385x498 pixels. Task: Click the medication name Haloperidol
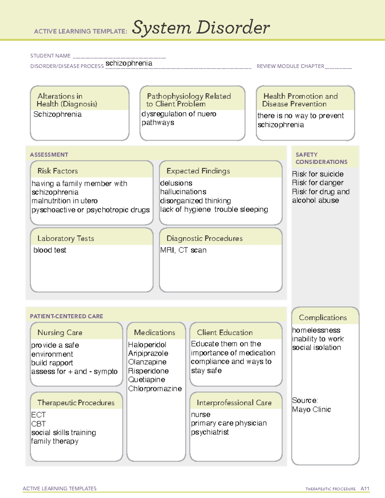click(147, 345)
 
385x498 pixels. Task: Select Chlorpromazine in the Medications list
click(155, 389)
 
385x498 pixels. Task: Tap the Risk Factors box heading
click(57, 171)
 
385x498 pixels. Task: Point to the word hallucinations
click(183, 192)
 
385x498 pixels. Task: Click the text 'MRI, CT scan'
click(183, 250)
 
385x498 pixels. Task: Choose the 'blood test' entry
click(50, 250)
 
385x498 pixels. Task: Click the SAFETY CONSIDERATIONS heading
click(321, 158)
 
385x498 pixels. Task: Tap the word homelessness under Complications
click(316, 330)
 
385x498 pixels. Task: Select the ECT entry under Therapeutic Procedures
click(38, 415)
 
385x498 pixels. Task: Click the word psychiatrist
click(210, 432)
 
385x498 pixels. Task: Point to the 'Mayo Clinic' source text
click(311, 409)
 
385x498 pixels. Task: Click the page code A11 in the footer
click(365, 489)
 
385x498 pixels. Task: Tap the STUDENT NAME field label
click(50, 56)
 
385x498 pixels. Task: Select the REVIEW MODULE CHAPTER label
click(290, 66)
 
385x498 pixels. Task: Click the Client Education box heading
click(225, 333)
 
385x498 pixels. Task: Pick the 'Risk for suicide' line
click(318, 174)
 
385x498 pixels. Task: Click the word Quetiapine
click(147, 380)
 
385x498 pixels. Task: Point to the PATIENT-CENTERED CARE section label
click(66, 317)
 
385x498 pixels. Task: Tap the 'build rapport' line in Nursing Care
click(52, 363)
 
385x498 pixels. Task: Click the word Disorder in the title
click(233, 28)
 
